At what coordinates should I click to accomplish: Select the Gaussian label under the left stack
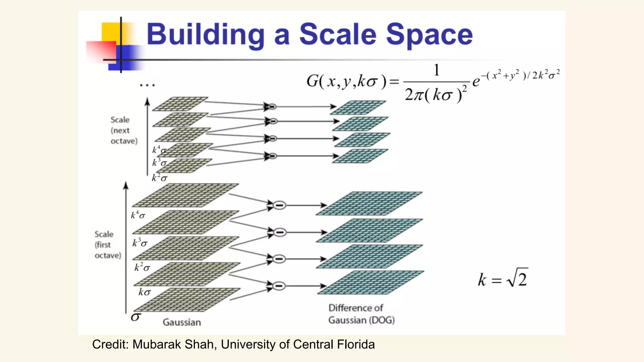click(x=182, y=322)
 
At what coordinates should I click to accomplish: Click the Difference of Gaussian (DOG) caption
click(x=361, y=314)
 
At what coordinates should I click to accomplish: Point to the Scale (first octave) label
click(x=108, y=245)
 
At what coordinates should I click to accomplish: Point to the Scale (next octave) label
click(x=124, y=130)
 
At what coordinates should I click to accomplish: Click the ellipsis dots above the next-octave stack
click(x=147, y=85)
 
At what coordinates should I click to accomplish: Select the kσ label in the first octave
click(x=144, y=292)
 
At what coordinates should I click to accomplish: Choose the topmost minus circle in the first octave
click(x=279, y=206)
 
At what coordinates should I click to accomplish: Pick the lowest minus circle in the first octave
click(x=279, y=286)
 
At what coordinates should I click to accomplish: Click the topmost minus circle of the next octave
click(x=272, y=107)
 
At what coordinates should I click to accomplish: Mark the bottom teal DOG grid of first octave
click(x=370, y=282)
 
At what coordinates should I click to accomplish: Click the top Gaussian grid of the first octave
click(x=186, y=195)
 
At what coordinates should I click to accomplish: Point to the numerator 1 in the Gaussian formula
click(x=436, y=70)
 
